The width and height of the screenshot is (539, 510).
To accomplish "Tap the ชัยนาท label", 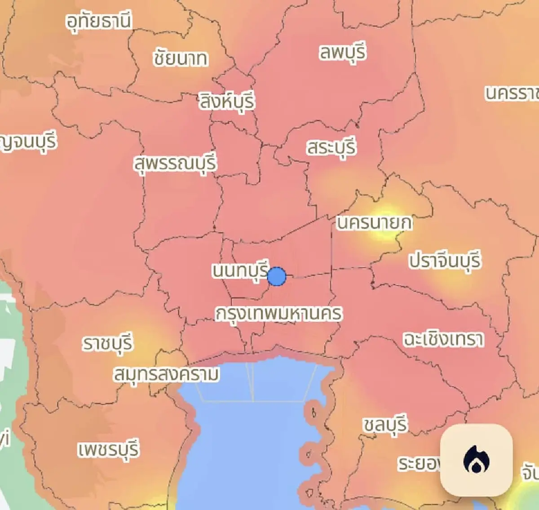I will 180,58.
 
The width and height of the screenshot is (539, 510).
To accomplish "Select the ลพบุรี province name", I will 342,52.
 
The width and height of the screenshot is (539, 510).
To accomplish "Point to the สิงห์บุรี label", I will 227,101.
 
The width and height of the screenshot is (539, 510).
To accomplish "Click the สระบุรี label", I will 331,147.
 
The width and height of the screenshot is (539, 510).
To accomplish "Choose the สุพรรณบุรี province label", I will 175,164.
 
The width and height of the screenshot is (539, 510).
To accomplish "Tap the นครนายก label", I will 374,223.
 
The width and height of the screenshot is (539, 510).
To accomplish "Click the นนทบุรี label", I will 240,271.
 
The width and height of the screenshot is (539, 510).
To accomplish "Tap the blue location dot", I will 277,276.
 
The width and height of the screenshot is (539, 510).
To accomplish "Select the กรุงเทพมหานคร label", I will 278,314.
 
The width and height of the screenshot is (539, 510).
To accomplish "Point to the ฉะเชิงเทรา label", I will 443,339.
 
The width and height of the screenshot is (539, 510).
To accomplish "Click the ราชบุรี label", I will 108,344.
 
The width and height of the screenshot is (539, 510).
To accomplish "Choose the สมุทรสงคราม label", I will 167,374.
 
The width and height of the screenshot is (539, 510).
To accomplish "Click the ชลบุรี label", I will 385,424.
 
